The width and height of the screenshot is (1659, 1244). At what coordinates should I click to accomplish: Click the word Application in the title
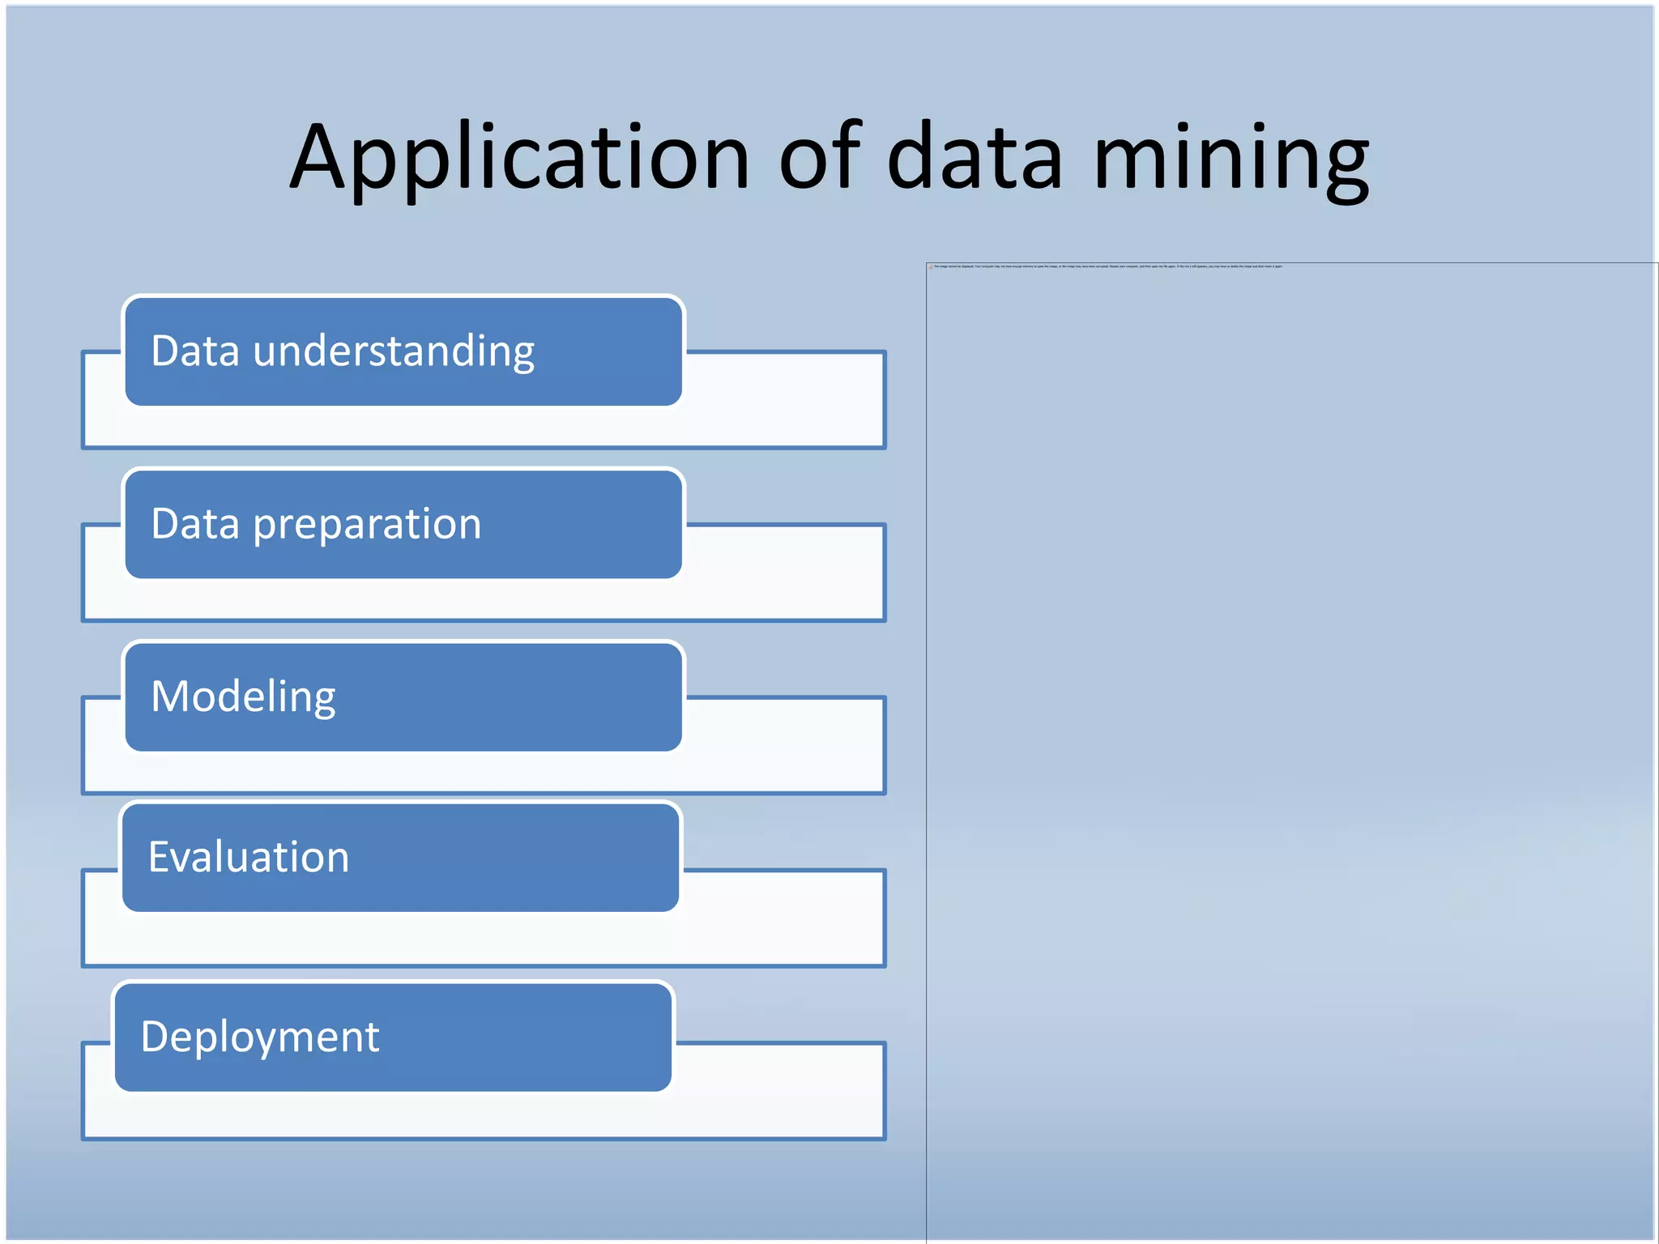click(519, 158)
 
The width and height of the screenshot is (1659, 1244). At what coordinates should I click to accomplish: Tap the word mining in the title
click(1230, 158)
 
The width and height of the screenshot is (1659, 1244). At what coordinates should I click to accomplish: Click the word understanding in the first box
click(394, 351)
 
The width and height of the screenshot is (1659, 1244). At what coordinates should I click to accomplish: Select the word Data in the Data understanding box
click(195, 351)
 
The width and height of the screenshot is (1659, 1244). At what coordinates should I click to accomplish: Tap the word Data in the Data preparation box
click(195, 523)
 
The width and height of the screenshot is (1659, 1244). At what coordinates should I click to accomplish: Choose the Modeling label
click(243, 697)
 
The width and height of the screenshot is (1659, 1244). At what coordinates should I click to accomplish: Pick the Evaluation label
click(249, 857)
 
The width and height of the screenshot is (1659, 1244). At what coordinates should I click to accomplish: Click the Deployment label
click(260, 1037)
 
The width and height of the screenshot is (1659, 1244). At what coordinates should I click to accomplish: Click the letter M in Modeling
click(171, 696)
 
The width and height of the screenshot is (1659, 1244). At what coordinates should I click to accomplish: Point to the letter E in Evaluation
click(160, 856)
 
